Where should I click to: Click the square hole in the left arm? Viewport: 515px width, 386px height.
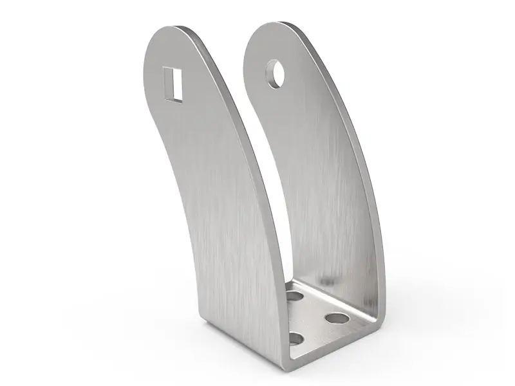[172, 84]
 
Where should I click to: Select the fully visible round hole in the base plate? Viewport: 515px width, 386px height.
[336, 317]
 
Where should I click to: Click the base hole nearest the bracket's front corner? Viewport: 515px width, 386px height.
[297, 338]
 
